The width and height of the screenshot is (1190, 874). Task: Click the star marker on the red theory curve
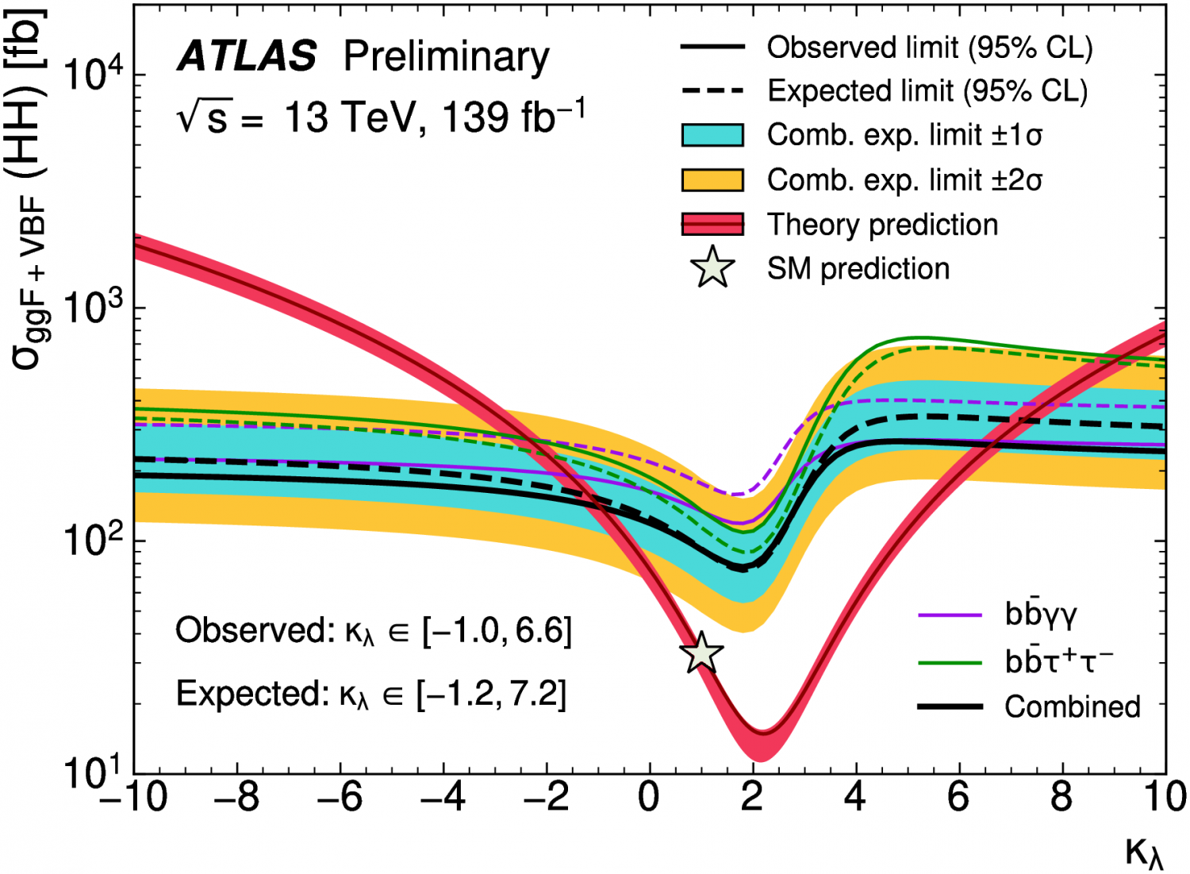(x=701, y=653)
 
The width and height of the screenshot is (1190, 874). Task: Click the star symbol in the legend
(x=712, y=268)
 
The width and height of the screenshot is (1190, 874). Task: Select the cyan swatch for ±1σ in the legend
(x=712, y=136)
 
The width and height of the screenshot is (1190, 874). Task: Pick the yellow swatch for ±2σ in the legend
(x=712, y=180)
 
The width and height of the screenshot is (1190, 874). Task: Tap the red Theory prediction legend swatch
(x=712, y=225)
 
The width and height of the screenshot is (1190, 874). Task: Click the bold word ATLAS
(x=247, y=57)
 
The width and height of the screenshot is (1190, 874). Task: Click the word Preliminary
(x=446, y=57)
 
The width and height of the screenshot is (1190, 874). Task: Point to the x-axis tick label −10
(x=133, y=797)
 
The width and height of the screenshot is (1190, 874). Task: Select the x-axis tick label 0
(x=649, y=797)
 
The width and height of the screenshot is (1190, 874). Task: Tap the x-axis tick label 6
(x=958, y=797)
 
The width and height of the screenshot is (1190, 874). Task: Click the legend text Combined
(x=1073, y=707)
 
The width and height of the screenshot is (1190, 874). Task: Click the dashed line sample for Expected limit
(x=712, y=91)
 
